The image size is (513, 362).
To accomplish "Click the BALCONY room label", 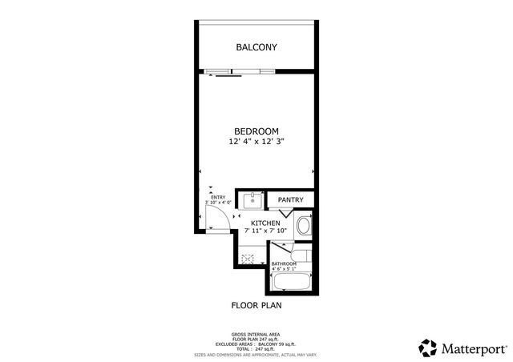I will (256, 47).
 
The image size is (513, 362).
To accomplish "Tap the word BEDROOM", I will (256, 131).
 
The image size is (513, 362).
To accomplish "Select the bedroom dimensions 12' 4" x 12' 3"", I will (256, 142).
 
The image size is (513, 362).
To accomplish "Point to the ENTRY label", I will (217, 197).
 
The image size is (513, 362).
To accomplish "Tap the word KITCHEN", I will (265, 223).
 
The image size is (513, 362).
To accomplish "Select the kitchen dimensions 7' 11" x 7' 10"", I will (265, 231).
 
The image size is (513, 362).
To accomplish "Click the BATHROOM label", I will (284, 263).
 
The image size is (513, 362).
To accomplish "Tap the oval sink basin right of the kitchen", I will (303, 226).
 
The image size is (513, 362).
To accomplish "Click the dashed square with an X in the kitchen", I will (248, 259).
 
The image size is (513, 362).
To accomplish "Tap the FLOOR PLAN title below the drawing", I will (256, 305).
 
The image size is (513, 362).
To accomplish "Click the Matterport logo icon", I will (429, 348).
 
